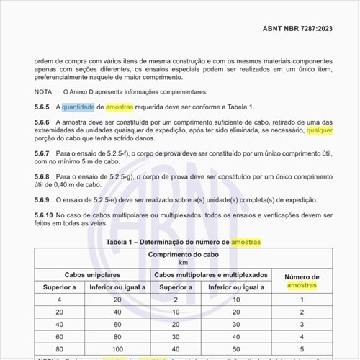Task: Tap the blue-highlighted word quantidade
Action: [x=77, y=107]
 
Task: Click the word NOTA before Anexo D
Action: [x=43, y=91]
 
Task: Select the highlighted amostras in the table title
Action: [x=246, y=241]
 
